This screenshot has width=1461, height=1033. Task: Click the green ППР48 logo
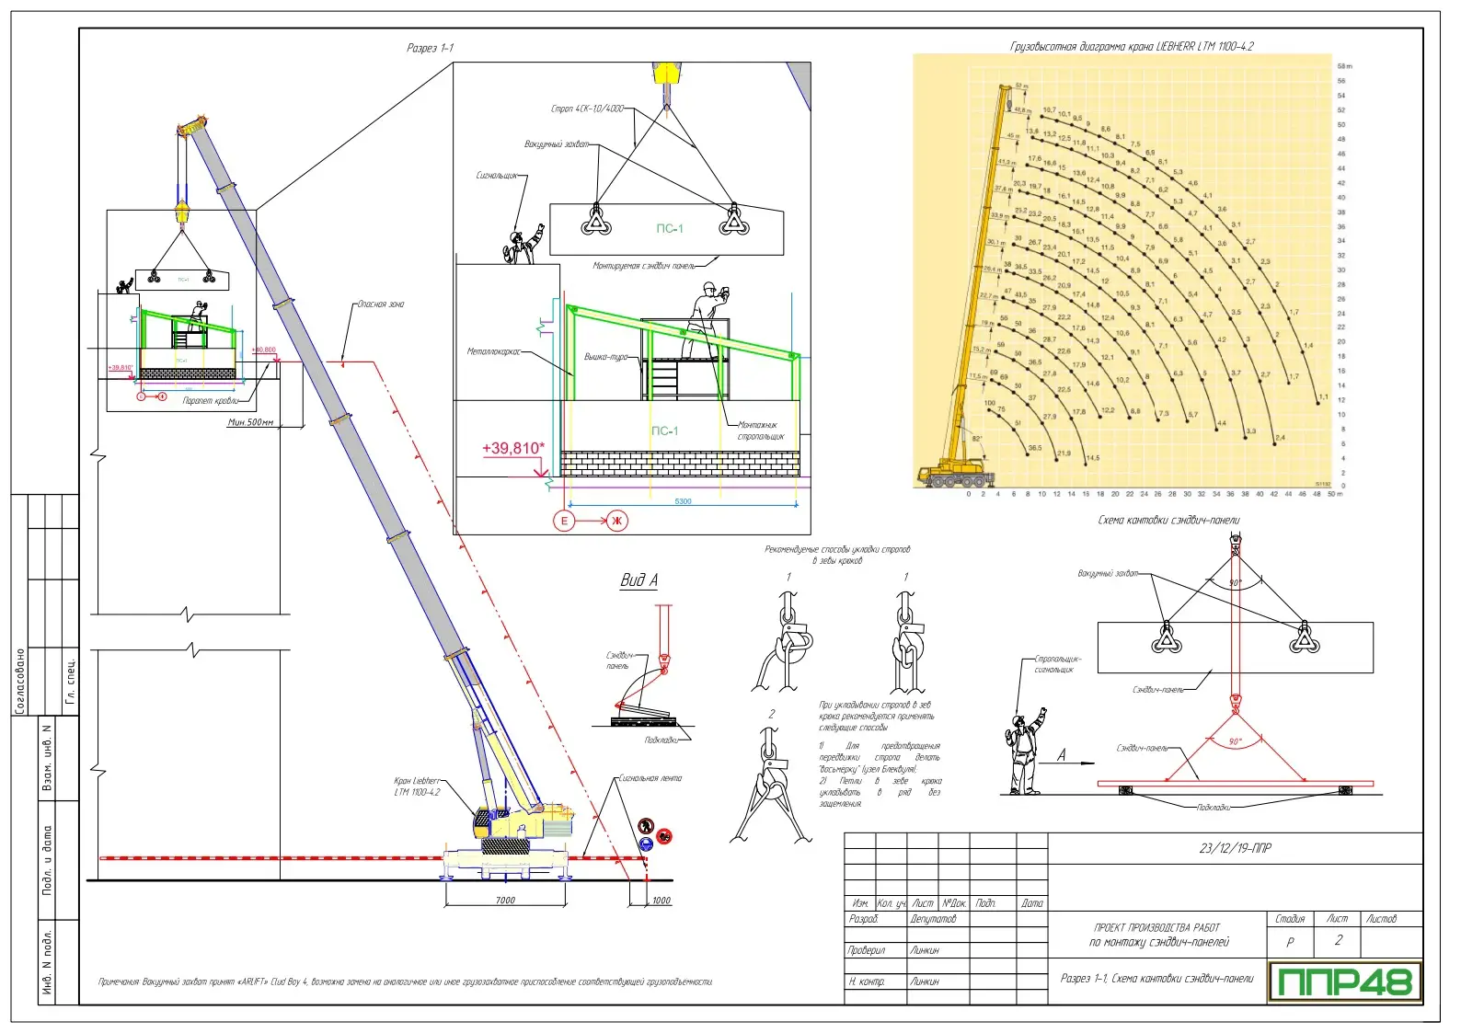(1344, 981)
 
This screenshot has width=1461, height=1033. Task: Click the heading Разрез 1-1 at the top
(430, 48)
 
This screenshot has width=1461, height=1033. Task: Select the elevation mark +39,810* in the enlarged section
(512, 449)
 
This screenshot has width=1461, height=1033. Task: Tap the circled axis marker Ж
(616, 521)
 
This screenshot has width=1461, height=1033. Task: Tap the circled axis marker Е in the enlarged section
(564, 521)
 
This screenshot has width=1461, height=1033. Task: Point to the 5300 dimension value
(683, 501)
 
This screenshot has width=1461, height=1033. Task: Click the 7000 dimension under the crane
(505, 900)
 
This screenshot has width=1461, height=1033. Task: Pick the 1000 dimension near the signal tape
(661, 900)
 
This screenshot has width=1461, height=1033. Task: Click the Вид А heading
(638, 580)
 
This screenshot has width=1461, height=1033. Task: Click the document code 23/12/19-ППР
(1235, 848)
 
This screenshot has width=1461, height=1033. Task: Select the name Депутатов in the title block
(933, 919)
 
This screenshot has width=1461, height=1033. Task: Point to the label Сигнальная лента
(650, 778)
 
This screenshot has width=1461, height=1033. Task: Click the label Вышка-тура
(605, 357)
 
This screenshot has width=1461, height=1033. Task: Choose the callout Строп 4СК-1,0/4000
(587, 109)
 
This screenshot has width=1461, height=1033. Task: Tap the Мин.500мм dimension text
(251, 422)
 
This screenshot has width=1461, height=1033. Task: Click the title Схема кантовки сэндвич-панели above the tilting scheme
(1168, 521)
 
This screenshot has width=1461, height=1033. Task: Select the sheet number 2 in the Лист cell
(1338, 940)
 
